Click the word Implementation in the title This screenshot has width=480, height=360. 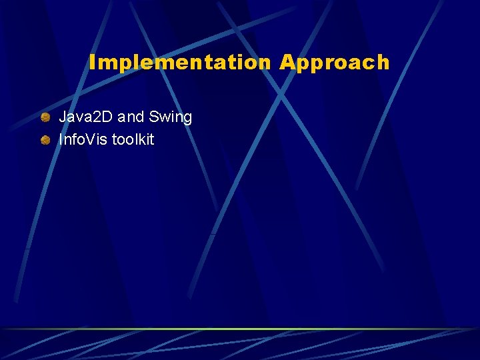[180, 63]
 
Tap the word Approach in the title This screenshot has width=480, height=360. [334, 63]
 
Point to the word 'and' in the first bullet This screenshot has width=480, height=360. [131, 117]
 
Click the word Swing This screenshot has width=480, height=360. [171, 118]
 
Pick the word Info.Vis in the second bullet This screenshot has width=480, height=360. [83, 139]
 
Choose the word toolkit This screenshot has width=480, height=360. [133, 139]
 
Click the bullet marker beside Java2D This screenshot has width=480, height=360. [45, 118]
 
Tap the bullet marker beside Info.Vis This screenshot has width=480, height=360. [45, 140]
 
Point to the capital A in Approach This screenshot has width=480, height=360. [287, 63]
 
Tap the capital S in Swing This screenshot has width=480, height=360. [154, 117]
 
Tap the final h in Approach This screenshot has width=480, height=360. [383, 63]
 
